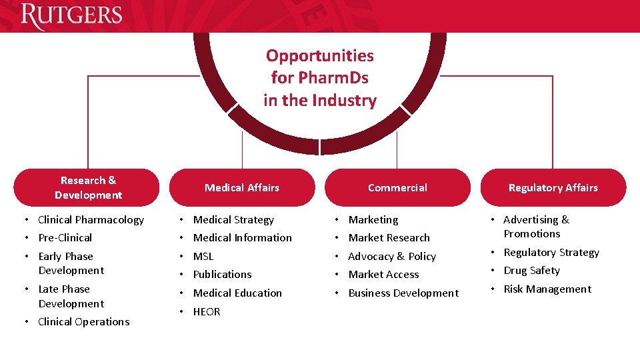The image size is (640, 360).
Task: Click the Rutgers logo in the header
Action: tap(71, 16)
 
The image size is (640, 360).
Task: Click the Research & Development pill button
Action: tap(87, 187)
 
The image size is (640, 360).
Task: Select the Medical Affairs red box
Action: tap(242, 187)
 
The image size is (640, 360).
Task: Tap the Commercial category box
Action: tap(397, 187)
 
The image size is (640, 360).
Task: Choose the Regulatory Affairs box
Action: tap(553, 187)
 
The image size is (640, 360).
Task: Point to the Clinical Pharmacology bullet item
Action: tap(91, 219)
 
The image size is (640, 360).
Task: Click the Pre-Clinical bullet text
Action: tap(65, 237)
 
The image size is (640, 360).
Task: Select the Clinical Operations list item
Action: tap(83, 321)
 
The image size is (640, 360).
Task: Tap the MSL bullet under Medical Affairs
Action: tap(203, 256)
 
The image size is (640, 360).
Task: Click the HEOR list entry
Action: tap(207, 311)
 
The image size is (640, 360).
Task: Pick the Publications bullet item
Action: tap(222, 274)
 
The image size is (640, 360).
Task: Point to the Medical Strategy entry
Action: tap(233, 219)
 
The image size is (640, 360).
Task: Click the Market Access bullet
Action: tap(383, 274)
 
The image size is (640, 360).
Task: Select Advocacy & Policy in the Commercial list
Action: tap(392, 256)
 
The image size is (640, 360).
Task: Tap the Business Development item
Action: tap(403, 293)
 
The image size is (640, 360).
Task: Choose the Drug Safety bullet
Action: tap(531, 270)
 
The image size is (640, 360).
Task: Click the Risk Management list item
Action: tap(547, 289)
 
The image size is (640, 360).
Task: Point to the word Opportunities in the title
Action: tap(320, 56)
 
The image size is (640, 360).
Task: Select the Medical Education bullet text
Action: tap(237, 293)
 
